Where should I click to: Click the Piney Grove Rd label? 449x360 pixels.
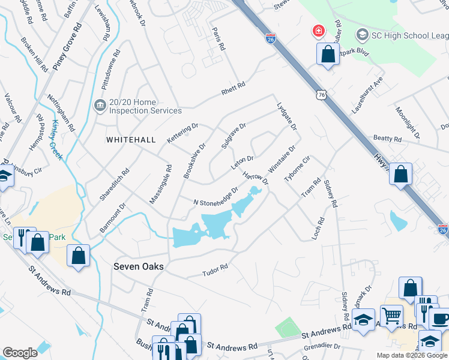(67, 47)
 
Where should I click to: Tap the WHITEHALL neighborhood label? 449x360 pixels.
(131, 140)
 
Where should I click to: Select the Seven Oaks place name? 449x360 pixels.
(138, 266)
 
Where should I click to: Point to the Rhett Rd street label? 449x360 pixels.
(234, 88)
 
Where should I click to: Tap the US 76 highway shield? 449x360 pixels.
(324, 95)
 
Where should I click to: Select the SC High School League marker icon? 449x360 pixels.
(362, 34)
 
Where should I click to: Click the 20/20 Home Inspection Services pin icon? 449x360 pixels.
(99, 106)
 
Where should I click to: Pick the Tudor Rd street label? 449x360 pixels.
(215, 269)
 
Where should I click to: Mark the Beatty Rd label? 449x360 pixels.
(387, 139)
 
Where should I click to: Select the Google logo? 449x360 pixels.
(20, 353)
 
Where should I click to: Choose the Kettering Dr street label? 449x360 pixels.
(182, 133)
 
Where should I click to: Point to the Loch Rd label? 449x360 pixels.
(318, 229)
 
